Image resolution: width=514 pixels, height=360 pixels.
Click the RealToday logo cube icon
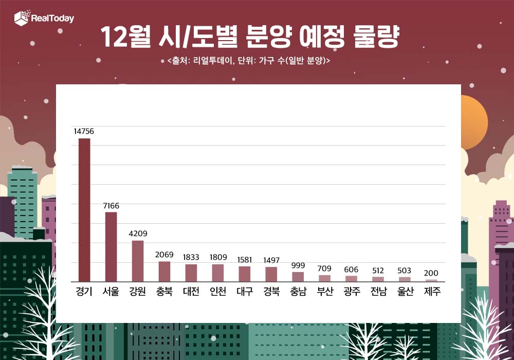tap(22, 19)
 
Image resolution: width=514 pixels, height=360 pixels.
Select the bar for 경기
tap(84, 210)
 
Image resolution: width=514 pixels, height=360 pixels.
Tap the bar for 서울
tap(111, 247)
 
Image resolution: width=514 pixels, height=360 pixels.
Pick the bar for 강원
tap(138, 261)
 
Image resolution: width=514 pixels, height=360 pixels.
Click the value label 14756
tap(84, 132)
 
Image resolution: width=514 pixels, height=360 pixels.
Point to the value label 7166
tap(111, 206)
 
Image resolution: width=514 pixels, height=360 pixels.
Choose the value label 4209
tap(138, 234)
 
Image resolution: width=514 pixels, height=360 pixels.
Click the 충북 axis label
tap(164, 292)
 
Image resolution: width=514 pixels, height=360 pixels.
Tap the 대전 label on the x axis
tap(191, 292)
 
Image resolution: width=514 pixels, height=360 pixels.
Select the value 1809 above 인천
tap(218, 257)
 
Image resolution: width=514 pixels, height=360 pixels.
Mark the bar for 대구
tap(245, 274)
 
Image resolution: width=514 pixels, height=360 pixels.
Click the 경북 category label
tap(271, 292)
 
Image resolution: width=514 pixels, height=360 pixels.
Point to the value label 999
tap(298, 265)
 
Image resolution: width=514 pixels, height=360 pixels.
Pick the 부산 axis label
tap(325, 292)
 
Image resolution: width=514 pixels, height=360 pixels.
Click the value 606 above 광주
tap(352, 269)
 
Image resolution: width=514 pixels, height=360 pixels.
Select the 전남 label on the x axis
tap(378, 292)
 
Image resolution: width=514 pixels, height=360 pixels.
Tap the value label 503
tap(405, 271)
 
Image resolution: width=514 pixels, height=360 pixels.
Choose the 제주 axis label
tap(432, 292)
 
